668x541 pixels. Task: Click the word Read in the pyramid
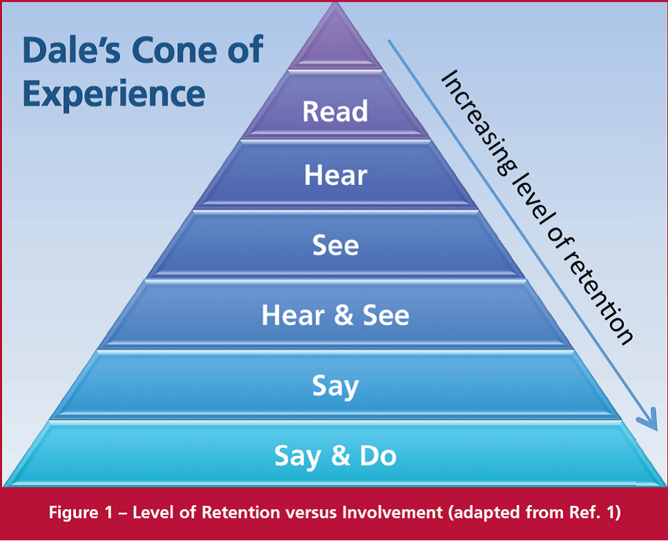pos(335,111)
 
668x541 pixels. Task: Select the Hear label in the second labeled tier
pos(335,176)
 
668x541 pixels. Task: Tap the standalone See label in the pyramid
pos(335,246)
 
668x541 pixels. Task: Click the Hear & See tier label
pos(335,315)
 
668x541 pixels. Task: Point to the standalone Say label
pos(335,386)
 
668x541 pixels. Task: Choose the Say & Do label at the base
pos(335,455)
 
